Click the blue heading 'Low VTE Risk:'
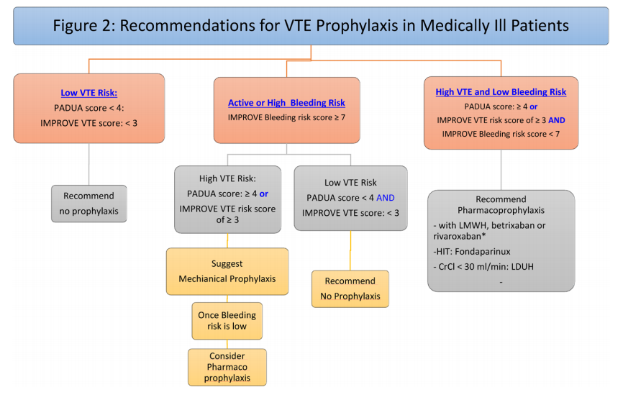tap(89, 93)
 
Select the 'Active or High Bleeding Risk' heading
tap(286, 103)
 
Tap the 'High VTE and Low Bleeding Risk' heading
tap(501, 92)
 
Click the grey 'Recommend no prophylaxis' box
tap(89, 204)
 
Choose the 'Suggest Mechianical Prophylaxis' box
tap(227, 271)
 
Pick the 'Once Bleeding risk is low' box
tap(227, 321)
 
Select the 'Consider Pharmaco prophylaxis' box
tap(227, 367)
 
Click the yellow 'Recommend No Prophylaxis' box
tap(350, 288)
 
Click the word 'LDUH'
tap(522, 266)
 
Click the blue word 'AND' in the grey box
tap(386, 198)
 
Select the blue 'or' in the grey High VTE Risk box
tap(264, 194)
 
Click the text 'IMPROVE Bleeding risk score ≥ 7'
tap(286, 117)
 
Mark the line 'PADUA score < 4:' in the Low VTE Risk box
tap(89, 108)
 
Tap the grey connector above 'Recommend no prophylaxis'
tap(89, 164)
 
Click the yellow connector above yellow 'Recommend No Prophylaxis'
tap(350, 250)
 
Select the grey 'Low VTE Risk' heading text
tap(350, 183)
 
